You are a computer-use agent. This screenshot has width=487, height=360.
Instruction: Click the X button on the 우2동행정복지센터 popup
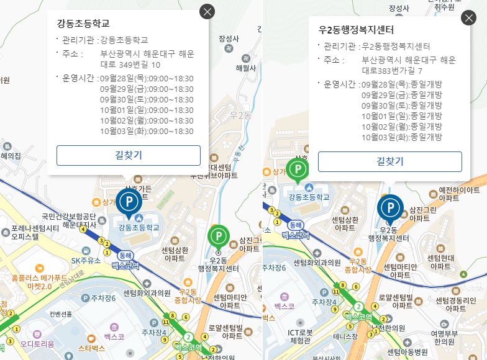468,18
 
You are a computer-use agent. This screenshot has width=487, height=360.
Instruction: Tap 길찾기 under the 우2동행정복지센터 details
390,161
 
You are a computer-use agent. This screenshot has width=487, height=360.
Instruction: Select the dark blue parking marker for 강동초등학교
129,202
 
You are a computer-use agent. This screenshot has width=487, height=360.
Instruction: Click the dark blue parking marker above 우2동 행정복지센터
390,207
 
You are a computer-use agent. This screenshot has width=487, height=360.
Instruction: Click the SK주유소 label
86,261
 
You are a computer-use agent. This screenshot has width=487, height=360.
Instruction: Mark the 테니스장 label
343,336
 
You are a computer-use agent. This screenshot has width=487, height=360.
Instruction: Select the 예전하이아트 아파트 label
459,194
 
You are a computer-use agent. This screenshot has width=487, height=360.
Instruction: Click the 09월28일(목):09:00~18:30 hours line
147,79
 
